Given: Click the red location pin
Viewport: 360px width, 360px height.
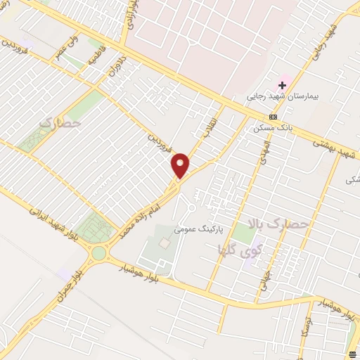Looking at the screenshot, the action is [181, 166].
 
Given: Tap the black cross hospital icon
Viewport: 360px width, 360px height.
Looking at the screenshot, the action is [283, 85].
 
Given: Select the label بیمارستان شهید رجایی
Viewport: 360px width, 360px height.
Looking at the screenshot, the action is [278, 97].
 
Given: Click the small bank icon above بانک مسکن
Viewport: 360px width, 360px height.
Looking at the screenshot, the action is [273, 117].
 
